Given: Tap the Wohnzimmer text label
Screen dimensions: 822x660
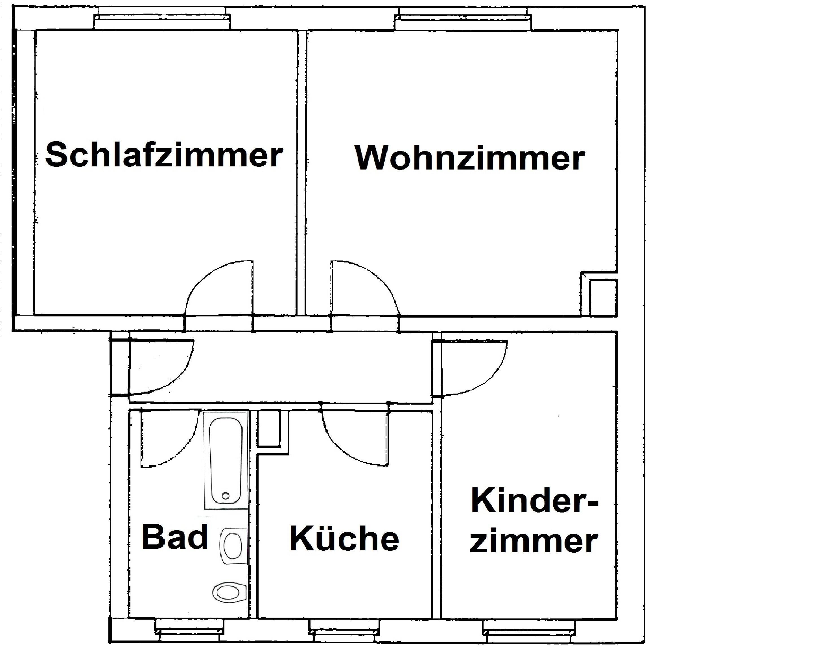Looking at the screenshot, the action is (469, 158).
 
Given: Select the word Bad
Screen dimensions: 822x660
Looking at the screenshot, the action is (175, 537).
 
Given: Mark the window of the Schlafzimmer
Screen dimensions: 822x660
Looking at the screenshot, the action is (162, 22).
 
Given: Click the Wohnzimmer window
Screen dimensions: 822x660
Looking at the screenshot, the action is (462, 22).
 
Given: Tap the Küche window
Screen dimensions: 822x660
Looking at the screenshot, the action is (344, 633).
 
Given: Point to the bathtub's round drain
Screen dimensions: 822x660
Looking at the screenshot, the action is (226, 496).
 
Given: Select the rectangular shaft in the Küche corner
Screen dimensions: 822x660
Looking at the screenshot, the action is (268, 428).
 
